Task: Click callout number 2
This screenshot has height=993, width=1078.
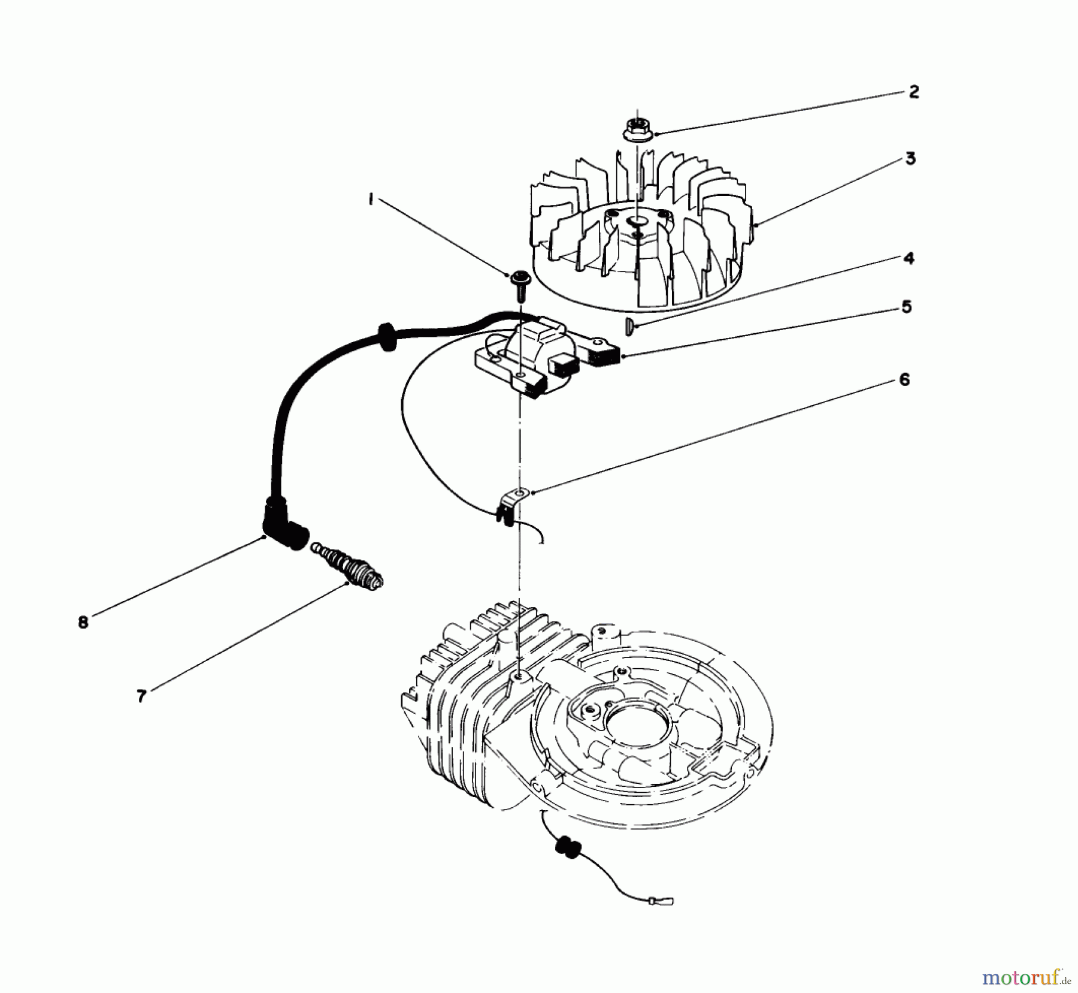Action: coord(913,92)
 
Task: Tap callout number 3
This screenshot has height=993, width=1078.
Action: coord(910,159)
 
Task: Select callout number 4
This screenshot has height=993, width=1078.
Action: coord(909,258)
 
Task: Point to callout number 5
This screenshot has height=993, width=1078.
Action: coord(906,307)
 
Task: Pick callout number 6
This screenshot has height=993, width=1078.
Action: coord(904,379)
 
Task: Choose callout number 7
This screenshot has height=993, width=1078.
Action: coord(141,696)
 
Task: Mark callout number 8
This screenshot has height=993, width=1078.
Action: coord(83,622)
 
